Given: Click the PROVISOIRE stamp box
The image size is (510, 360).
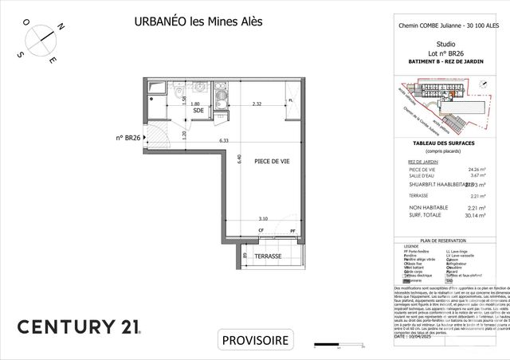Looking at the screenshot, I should pos(255,339).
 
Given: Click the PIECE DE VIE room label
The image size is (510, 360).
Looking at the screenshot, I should pos(272,162).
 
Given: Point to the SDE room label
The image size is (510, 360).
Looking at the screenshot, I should pos(198,112).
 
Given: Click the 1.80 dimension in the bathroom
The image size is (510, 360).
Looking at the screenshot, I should pos(194,104).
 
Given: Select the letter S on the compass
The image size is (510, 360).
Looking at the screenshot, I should pos(21,53).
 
